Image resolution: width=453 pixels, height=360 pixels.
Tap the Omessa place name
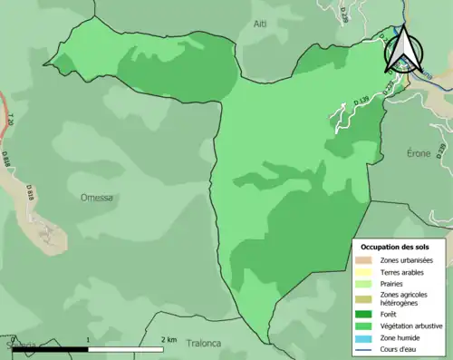[x=97, y=197]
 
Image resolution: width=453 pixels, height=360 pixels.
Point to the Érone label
[x=419, y=154]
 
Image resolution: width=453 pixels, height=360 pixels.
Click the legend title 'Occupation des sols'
[x=395, y=247]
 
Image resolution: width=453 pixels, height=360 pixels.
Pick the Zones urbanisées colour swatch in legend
[x=366, y=260]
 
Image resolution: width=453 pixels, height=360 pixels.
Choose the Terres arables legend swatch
[x=366, y=272]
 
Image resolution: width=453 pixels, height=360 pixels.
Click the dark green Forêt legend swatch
[x=366, y=315]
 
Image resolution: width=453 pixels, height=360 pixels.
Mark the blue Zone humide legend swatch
[x=366, y=338]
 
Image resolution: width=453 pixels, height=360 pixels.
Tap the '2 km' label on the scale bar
[x=169, y=339]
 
